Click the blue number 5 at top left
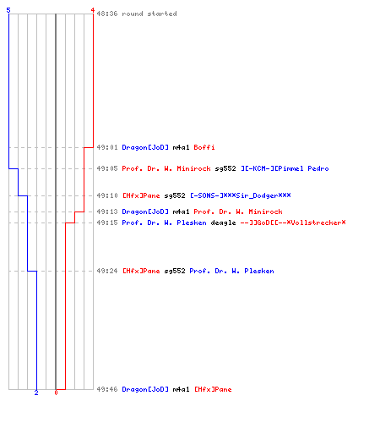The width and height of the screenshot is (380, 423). [8, 10]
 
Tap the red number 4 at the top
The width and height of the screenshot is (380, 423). [93, 10]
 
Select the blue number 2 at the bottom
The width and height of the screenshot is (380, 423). [36, 393]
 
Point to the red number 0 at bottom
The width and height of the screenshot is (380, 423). [56, 393]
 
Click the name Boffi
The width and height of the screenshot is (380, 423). [204, 147]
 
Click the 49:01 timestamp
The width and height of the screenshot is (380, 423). [107, 147]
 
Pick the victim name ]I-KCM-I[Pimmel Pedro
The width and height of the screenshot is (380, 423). [285, 168]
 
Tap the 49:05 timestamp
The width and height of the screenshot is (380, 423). [107, 168]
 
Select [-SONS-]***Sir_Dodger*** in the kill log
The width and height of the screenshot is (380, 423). [241, 195]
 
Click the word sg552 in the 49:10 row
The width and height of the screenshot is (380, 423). [175, 195]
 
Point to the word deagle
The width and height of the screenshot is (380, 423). [223, 222]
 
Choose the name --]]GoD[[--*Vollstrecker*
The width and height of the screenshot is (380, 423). [293, 222]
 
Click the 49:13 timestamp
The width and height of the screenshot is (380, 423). [107, 211]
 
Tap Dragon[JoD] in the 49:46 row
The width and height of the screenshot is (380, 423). [145, 389]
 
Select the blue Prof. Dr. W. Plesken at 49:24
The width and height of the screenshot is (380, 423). [231, 271]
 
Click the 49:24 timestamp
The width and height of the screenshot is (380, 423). [107, 271]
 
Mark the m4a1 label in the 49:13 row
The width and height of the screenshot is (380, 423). [181, 211]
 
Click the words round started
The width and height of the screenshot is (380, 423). [149, 14]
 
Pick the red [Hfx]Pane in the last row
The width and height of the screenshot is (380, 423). [213, 389]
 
